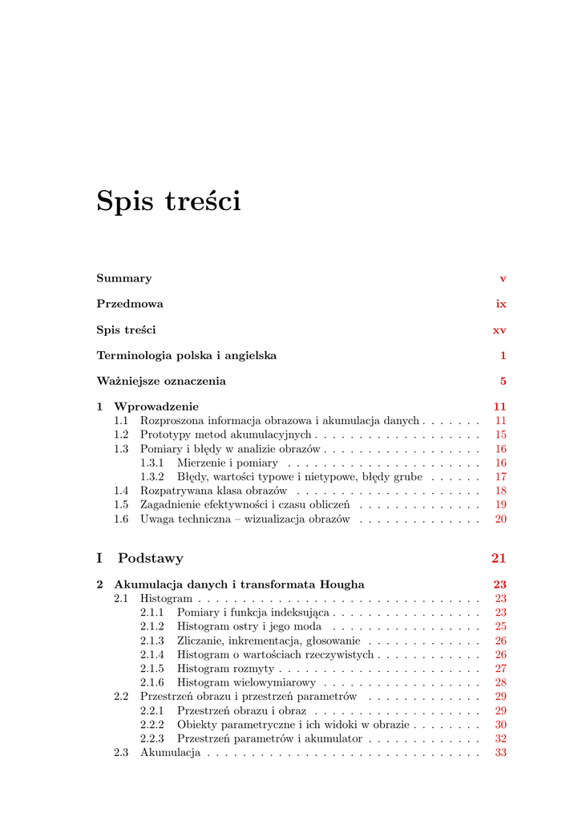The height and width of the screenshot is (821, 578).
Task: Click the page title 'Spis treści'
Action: (168, 200)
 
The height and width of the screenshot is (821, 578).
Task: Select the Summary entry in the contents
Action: (124, 278)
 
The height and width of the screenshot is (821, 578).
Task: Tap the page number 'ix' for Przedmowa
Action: (501, 304)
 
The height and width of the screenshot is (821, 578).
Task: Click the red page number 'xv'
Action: (499, 330)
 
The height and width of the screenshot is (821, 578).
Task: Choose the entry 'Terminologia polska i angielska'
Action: (187, 355)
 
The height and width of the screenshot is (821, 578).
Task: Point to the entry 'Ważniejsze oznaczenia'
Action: (161, 381)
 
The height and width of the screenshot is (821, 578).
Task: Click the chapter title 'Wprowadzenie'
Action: (156, 406)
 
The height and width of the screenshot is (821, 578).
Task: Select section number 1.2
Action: (121, 435)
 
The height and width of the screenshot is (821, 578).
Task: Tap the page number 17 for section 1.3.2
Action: (500, 476)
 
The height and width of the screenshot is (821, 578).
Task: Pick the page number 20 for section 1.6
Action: (500, 519)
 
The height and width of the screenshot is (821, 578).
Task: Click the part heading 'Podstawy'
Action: (151, 558)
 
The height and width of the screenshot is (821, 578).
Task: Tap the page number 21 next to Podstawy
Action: (499, 558)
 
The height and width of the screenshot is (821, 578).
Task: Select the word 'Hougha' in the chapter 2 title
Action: (342, 584)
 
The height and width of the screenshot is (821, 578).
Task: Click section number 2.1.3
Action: (152, 641)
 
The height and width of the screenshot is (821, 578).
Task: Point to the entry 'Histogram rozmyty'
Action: (225, 669)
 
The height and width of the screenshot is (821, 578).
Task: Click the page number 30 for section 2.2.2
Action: (500, 724)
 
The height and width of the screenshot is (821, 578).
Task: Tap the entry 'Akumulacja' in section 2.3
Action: (170, 753)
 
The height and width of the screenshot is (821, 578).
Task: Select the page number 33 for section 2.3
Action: (500, 753)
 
